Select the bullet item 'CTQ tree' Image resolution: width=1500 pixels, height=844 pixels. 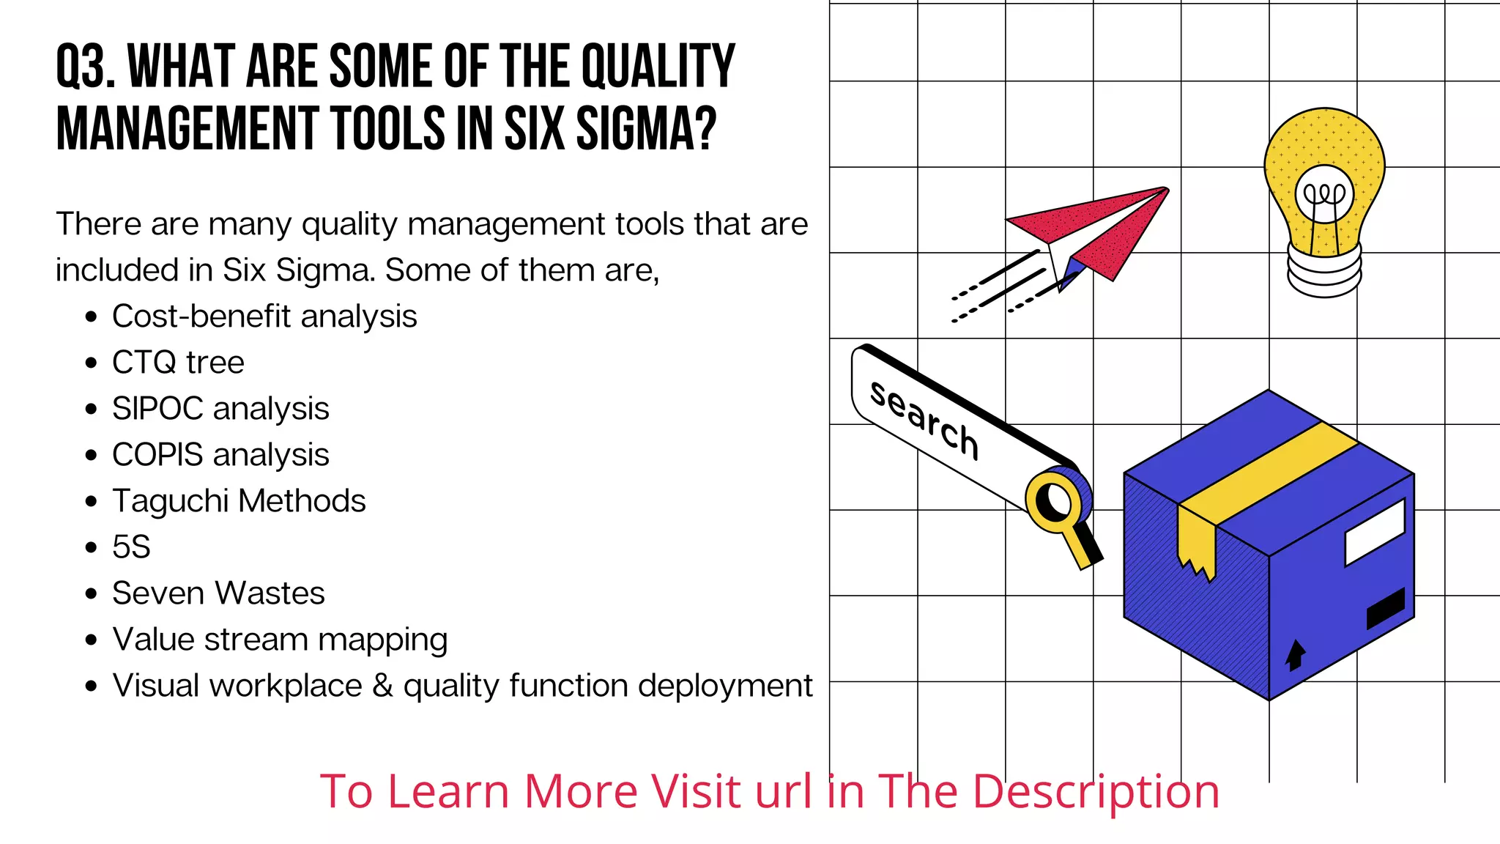coord(178,363)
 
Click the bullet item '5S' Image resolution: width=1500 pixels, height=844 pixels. coord(131,547)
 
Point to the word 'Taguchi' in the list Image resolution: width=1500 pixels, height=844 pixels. coord(171,502)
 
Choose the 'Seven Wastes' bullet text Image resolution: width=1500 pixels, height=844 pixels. coord(218,593)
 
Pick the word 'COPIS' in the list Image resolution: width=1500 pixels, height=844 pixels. coord(157,455)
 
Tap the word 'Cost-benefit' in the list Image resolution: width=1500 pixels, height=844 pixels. coord(201,316)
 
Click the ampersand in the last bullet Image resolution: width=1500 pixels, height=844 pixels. coord(382,686)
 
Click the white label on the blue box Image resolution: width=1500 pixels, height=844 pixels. coord(1375,533)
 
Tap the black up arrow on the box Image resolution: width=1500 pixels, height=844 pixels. coord(1295,654)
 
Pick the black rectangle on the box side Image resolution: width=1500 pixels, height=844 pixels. coord(1386,608)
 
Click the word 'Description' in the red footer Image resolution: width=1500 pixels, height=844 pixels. coord(1095,792)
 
